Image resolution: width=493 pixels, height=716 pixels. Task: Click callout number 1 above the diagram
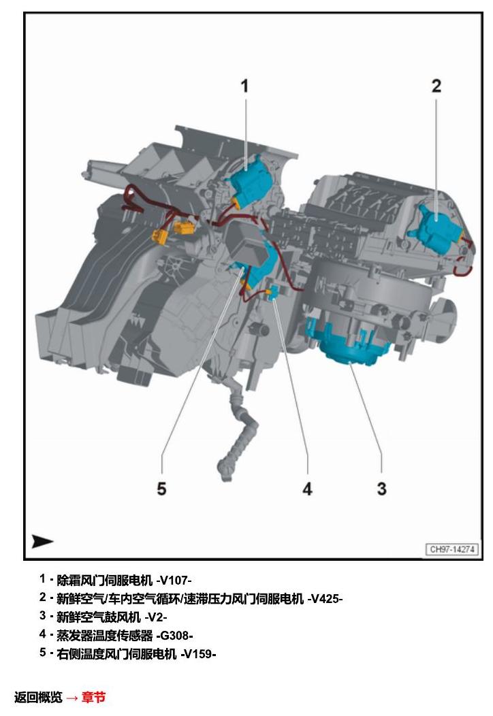coord(244,86)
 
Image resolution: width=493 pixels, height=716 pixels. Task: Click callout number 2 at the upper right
coord(436,86)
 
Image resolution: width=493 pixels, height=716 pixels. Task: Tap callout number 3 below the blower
coord(381,489)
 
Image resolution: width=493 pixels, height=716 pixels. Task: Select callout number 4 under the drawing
coord(308,489)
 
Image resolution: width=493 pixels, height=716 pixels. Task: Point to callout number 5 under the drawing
coord(162,489)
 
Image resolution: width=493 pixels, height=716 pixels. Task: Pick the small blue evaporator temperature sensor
coord(274,292)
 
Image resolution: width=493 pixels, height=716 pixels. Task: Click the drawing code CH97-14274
coord(452,549)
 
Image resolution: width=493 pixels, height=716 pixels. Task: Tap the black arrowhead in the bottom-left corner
coord(42,541)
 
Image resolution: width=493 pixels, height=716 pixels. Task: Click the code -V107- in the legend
coord(174,581)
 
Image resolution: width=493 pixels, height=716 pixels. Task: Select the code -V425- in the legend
coord(325,599)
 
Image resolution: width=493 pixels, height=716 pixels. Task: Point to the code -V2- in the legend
coord(156,617)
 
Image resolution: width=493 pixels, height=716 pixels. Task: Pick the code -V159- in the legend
coord(198,654)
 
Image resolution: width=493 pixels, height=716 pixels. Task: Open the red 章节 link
coord(94,697)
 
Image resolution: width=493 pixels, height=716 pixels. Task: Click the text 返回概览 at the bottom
coord(38,697)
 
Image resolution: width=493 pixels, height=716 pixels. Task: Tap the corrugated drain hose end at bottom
coord(225,472)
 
